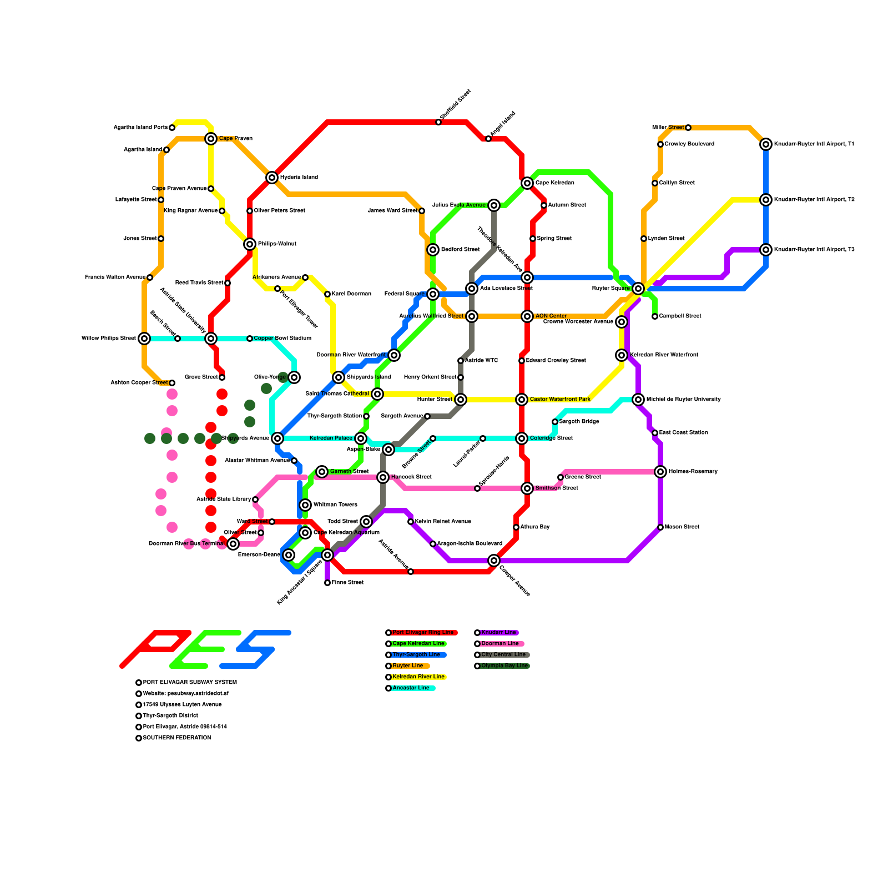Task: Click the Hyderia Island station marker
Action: [x=272, y=178]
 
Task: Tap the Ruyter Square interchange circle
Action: [x=638, y=289]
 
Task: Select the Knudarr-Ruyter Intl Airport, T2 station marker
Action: [x=766, y=200]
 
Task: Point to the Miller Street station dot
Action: [x=688, y=128]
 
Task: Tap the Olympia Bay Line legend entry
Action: [x=504, y=666]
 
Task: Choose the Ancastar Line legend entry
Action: [x=411, y=688]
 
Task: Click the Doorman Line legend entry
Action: [x=500, y=644]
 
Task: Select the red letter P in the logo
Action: [x=155, y=648]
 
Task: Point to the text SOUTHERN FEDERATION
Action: [x=176, y=738]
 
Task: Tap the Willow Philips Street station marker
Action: [x=144, y=339]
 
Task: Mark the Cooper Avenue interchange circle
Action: [x=494, y=561]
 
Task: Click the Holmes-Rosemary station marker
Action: [x=660, y=472]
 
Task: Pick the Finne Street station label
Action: [x=347, y=583]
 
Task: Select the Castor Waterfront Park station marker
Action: [x=522, y=400]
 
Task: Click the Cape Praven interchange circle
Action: [x=211, y=139]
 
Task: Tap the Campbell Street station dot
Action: [x=655, y=316]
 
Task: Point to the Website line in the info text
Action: [x=185, y=694]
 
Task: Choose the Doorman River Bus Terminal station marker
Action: [x=233, y=544]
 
